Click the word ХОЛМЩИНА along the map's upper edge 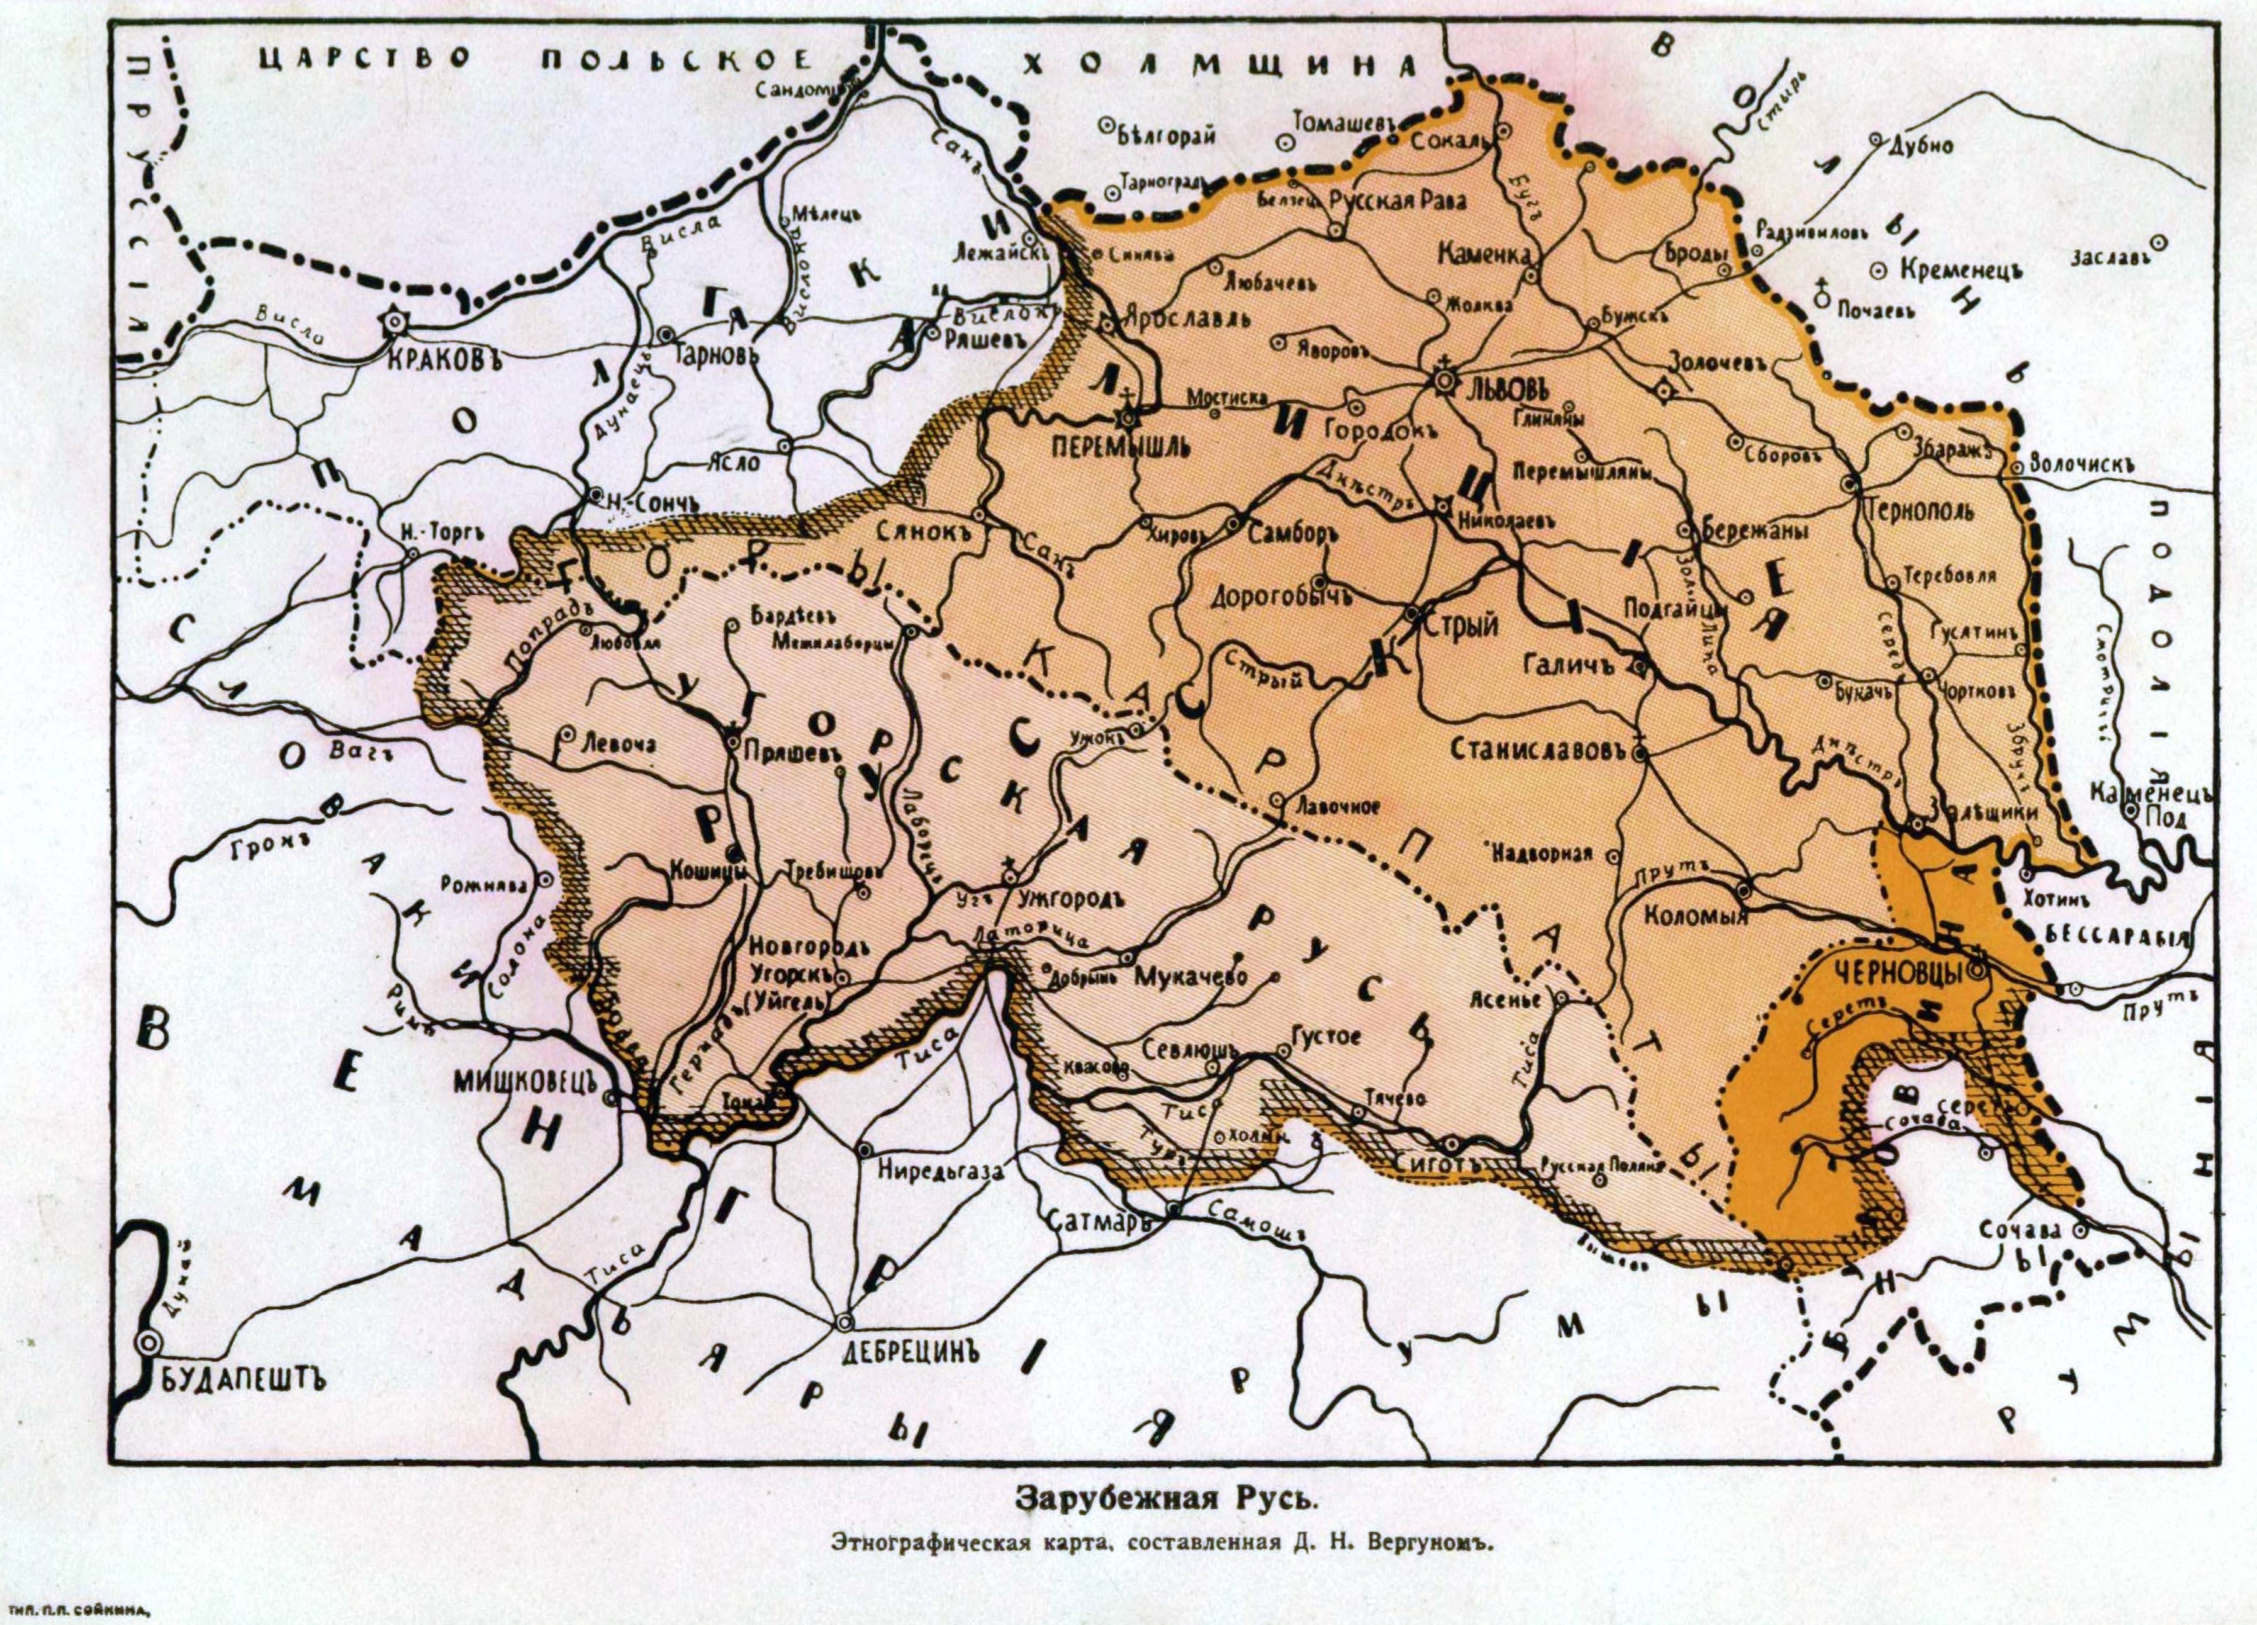click(1219, 65)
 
